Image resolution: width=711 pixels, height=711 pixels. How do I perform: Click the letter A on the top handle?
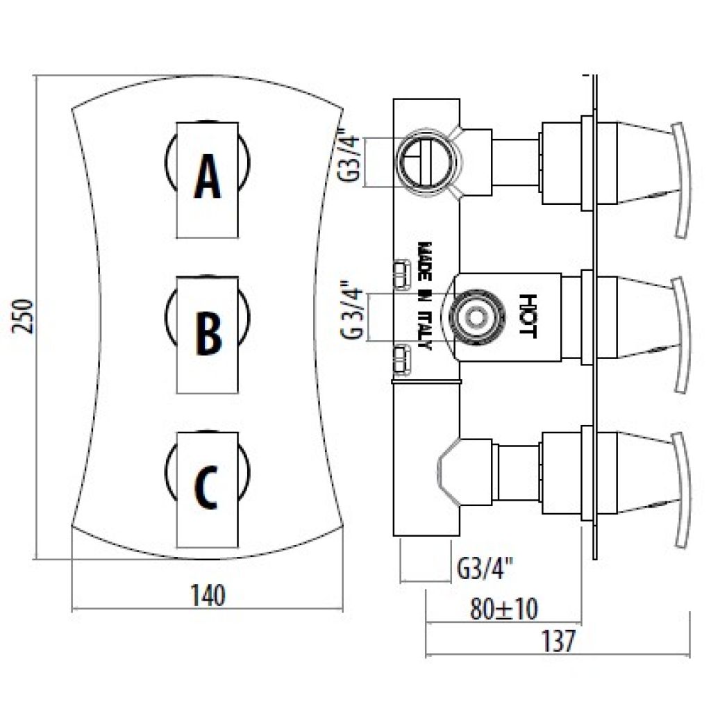pos(207,176)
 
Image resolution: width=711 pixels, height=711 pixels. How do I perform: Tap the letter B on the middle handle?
pos(208,333)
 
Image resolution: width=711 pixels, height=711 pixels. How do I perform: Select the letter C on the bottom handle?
pos(206,487)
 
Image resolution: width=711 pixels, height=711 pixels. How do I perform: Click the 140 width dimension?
pos(208,595)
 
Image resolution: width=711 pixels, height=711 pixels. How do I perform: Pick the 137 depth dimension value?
pos(558,641)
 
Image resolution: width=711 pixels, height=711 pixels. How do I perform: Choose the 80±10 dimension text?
pos(503,608)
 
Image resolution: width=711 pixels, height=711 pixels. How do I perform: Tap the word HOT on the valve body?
pos(528,317)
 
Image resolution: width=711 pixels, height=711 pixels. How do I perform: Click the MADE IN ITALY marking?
pos(425,296)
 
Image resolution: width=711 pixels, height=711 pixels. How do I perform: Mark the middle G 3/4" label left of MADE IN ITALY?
pos(351,312)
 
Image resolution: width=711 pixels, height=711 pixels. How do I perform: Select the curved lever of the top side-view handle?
pos(682,180)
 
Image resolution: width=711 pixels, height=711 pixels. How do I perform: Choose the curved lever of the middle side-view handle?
pos(682,336)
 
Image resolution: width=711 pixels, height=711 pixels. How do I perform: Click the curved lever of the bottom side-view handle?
pos(682,491)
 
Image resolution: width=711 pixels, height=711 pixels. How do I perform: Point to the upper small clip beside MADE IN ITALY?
pos(401,274)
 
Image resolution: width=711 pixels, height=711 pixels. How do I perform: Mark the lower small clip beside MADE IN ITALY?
pos(401,360)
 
